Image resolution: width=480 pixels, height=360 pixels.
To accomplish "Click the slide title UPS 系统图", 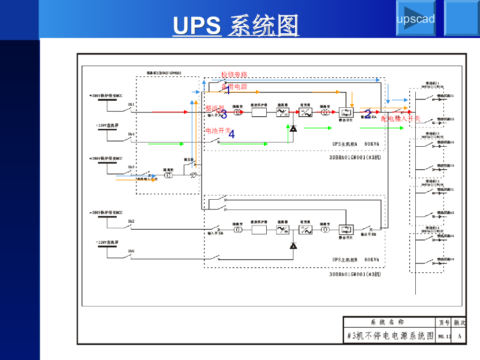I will pos(236,26).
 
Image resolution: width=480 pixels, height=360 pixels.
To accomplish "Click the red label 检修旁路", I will pos(234,75).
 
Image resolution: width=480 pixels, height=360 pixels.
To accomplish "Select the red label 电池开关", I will pos(218,131).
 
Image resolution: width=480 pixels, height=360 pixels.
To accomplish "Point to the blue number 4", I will pos(232,134).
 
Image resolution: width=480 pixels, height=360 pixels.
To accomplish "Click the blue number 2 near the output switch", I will pos(368,114).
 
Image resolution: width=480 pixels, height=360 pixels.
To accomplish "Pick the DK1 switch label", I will pos(131,104).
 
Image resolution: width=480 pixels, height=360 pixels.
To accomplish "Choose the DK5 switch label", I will pos(131,251).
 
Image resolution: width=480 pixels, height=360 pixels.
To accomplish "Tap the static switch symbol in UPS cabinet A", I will pos(346,112).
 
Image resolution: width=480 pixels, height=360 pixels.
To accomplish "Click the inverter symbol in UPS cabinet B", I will pos(306,230).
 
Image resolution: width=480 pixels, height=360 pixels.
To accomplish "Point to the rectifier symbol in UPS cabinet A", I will pos(283,112).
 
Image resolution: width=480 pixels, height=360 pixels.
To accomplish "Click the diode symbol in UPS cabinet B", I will pos(293,245).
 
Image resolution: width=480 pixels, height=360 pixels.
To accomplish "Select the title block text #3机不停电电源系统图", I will pos(390,336).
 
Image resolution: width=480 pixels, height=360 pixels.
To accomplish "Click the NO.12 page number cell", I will pos(444,336).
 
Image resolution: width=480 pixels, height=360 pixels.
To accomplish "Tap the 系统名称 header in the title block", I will pos(387,322).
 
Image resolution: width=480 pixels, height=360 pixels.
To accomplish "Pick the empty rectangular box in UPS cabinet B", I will pos(259,230).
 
